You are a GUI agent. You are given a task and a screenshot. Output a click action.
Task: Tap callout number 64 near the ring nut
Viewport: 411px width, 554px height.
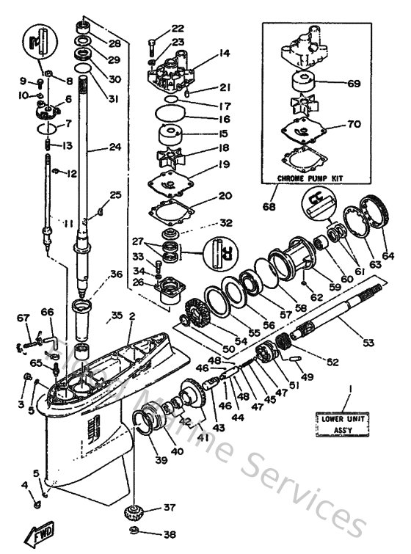pos(388,256)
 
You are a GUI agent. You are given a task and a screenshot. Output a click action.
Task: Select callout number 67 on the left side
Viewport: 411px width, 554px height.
pos(23,317)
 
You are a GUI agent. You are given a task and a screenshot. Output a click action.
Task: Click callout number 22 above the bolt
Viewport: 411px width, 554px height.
pos(178,28)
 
